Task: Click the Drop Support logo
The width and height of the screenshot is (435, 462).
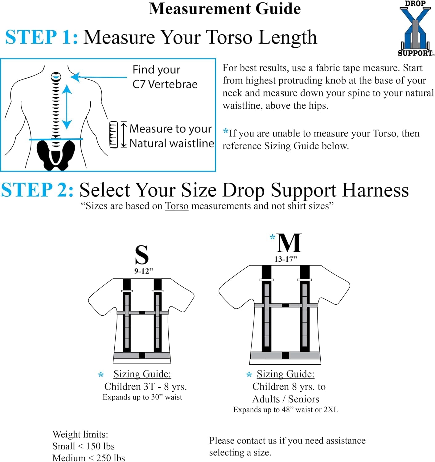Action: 415,28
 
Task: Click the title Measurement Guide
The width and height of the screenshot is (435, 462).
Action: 225,9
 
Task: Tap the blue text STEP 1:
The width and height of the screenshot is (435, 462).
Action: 41,37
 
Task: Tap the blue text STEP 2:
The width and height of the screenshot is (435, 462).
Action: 37,190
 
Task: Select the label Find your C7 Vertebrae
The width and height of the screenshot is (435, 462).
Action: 165,77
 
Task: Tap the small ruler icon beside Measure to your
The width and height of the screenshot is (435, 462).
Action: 114,135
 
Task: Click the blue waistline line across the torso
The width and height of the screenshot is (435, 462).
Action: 56,140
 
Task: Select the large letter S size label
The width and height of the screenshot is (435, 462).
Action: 142,255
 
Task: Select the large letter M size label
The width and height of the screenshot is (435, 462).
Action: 289,243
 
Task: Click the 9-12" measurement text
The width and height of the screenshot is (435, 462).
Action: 143,271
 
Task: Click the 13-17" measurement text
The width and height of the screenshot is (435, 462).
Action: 285,259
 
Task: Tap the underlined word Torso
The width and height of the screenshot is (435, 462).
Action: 177,206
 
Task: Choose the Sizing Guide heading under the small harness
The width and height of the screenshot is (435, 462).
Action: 142,374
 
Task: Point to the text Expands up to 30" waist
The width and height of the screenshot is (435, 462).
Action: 142,397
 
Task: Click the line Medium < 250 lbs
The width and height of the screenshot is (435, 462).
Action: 88,458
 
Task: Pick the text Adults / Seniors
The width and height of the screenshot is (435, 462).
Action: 285,399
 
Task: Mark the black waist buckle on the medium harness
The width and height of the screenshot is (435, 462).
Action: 285,355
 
